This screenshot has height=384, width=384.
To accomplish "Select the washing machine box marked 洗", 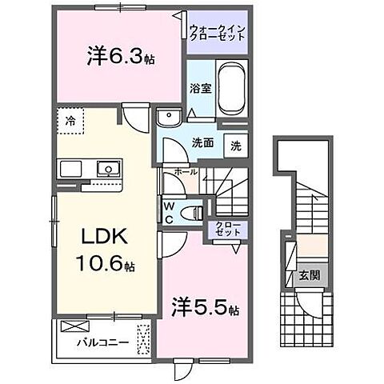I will click(x=236, y=146).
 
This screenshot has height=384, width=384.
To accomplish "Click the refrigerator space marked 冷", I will click(x=72, y=122).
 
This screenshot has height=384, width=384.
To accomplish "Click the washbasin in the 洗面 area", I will click(x=169, y=120).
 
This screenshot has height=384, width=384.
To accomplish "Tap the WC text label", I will click(x=168, y=212).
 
